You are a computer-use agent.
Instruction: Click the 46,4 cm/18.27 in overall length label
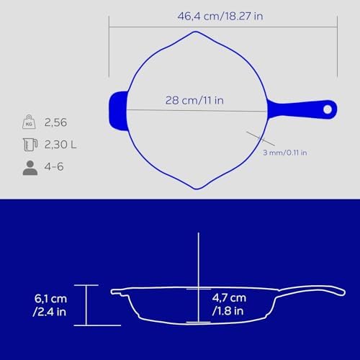click(x=220, y=17)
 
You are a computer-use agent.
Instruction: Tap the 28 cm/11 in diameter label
click(x=194, y=100)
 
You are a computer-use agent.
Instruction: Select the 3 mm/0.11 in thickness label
click(x=285, y=153)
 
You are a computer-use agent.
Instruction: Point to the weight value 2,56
click(x=55, y=122)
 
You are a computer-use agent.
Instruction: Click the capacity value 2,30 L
click(x=60, y=145)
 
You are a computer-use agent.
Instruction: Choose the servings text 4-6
click(x=54, y=166)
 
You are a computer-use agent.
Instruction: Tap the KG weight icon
click(x=29, y=122)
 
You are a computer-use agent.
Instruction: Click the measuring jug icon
click(x=30, y=144)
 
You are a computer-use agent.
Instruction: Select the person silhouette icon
click(x=30, y=168)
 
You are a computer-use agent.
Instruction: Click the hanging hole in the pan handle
click(x=328, y=109)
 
